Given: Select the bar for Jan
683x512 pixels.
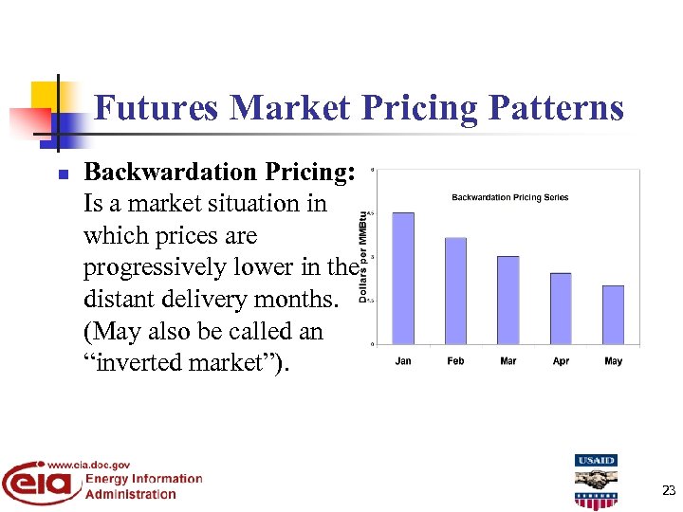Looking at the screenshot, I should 403,278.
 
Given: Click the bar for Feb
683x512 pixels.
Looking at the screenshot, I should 455,290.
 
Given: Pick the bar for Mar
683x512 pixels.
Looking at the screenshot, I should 508,300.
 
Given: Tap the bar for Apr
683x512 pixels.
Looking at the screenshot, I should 561,308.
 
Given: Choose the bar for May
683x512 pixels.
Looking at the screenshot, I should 613,314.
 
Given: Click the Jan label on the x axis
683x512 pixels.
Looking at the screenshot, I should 403,361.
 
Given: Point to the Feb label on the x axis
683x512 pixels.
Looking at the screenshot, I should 455,361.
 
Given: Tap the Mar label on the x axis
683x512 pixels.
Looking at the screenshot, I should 508,361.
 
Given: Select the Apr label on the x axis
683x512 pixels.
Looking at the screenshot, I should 561,361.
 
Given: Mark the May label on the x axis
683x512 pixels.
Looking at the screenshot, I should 613,361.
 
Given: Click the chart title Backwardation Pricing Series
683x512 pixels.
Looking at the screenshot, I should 509,197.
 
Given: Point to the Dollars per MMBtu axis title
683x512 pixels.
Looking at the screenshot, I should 362,257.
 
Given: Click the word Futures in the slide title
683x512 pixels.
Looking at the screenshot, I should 157,108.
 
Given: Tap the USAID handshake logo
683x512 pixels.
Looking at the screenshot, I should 595,482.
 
